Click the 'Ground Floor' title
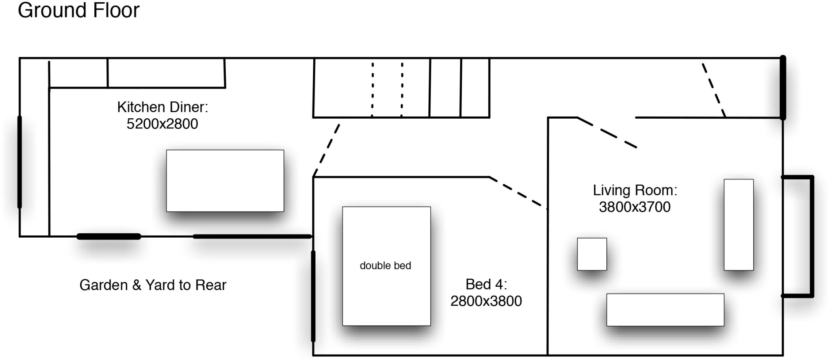(x=79, y=10)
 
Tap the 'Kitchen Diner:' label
(x=162, y=107)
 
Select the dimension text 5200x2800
(x=162, y=124)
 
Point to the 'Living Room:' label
(x=635, y=190)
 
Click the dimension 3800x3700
(x=635, y=207)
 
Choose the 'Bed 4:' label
(x=486, y=284)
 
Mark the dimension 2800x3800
(x=486, y=301)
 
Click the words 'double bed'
(x=385, y=266)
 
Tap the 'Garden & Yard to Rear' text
(x=153, y=285)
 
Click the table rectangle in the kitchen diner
(x=225, y=181)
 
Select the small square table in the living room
(x=592, y=254)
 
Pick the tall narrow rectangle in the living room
(x=739, y=225)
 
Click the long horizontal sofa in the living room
(x=665, y=310)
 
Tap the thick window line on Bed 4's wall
(x=313, y=296)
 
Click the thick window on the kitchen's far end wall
(x=19, y=162)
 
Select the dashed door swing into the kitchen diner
(x=326, y=151)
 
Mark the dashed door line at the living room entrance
(x=607, y=132)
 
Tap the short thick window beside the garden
(x=109, y=236)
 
